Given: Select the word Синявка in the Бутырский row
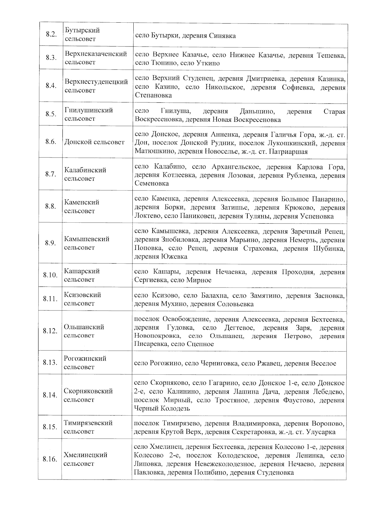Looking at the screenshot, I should click(x=222, y=36).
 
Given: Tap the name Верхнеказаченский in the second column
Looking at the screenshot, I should click(x=96, y=54).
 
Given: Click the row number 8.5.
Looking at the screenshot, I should click(x=51, y=114).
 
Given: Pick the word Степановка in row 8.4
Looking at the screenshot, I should click(x=153, y=95).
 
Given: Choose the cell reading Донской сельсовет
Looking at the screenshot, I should click(x=95, y=142).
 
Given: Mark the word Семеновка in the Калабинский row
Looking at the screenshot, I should click(x=151, y=184).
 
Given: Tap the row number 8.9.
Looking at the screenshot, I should click(x=50, y=243).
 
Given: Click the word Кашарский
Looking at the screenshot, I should click(x=82, y=271).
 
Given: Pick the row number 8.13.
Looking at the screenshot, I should click(x=50, y=363).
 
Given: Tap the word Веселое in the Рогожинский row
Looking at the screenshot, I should click(x=324, y=364).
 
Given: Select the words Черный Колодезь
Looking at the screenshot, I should click(x=162, y=409).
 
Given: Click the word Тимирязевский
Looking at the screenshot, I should click(x=88, y=423).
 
